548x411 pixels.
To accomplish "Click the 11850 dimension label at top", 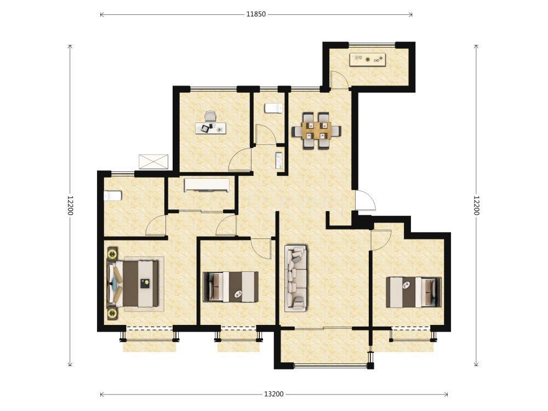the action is (x=256, y=14).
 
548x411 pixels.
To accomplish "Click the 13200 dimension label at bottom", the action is (x=273, y=394).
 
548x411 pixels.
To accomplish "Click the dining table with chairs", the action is (x=317, y=131).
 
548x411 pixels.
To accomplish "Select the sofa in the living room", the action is (x=296, y=278).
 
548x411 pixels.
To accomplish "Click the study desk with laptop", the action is (x=211, y=128).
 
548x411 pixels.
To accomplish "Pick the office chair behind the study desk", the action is (x=211, y=116).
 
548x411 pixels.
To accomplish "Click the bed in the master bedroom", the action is (x=133, y=284).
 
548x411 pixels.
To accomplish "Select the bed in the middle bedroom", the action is (x=231, y=287).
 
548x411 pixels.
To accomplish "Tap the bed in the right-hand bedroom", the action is (x=414, y=292).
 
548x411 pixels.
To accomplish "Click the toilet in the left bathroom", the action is (x=112, y=196).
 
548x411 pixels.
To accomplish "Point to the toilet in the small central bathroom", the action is (x=273, y=108).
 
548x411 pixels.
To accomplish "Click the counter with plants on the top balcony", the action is (x=368, y=59).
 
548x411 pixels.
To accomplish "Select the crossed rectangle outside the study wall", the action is (x=153, y=162).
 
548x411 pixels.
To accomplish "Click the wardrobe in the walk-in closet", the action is (x=207, y=185).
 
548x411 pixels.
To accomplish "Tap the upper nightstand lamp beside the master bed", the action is (x=112, y=253).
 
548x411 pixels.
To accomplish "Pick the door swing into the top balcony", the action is (x=339, y=79).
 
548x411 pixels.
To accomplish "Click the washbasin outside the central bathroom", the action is (x=279, y=161).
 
